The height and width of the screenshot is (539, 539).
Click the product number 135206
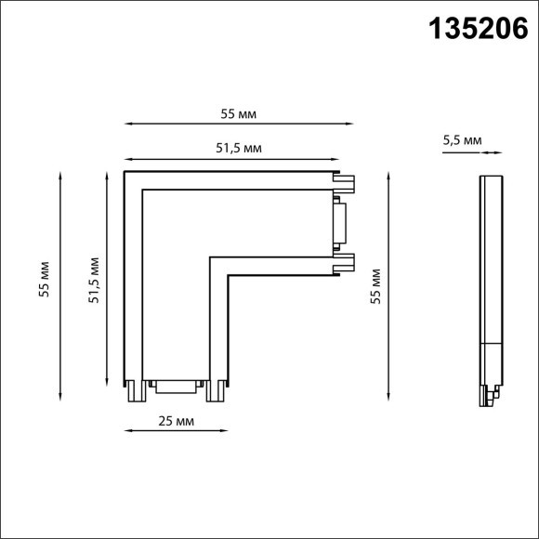(479, 29)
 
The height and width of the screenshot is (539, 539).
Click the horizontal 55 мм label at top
(238, 113)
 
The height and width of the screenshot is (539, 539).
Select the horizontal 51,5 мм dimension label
(239, 148)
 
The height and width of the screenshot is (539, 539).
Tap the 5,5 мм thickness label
(462, 140)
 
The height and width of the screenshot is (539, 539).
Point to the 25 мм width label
(176, 421)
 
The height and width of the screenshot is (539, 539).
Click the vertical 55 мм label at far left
(44, 279)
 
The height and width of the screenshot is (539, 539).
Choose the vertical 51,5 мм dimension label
(94, 280)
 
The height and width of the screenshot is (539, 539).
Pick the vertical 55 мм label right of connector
(375, 286)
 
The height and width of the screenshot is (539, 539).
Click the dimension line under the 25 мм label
(176, 430)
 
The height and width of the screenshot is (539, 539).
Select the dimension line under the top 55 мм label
(239, 124)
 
